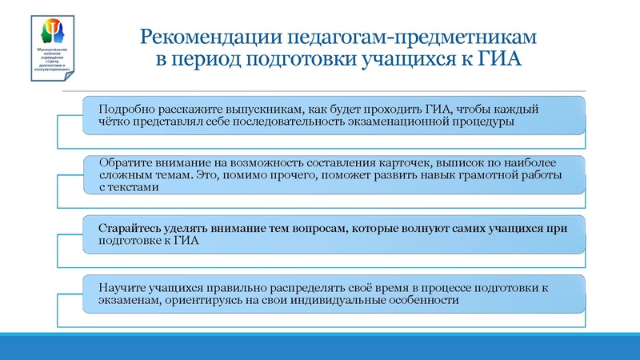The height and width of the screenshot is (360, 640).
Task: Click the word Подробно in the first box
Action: [124, 109]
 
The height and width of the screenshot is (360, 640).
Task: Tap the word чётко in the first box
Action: [115, 122]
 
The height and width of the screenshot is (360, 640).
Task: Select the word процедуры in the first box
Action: [482, 122]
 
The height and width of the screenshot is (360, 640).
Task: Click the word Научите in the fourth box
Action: [122, 288]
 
